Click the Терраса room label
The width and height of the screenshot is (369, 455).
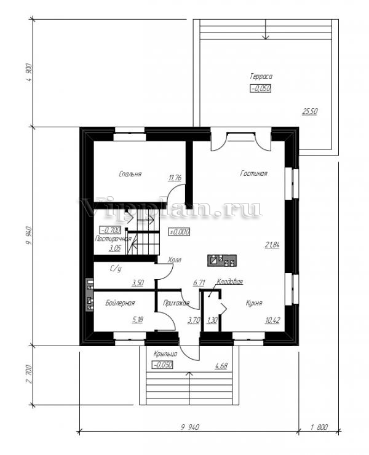[x=261, y=76]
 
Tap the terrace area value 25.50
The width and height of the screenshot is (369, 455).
[x=310, y=111]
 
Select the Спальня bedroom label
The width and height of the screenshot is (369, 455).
[x=130, y=174]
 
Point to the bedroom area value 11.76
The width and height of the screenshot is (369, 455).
[x=175, y=178]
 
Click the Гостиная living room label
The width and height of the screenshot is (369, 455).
[x=253, y=174]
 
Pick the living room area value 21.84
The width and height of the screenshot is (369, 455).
[x=272, y=244]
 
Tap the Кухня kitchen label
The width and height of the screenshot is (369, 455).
[x=254, y=303]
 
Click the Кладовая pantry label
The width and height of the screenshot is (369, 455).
[x=230, y=282]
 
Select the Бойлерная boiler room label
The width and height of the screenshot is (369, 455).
[x=119, y=303]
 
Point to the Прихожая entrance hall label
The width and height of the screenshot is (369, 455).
[x=176, y=303]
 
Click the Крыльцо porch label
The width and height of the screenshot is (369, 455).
[x=166, y=355]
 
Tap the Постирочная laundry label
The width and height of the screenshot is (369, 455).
[x=114, y=237]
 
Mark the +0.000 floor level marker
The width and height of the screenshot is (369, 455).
[x=179, y=232]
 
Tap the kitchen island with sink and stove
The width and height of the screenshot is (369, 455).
[x=222, y=260]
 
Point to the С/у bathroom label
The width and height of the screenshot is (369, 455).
[x=114, y=269]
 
